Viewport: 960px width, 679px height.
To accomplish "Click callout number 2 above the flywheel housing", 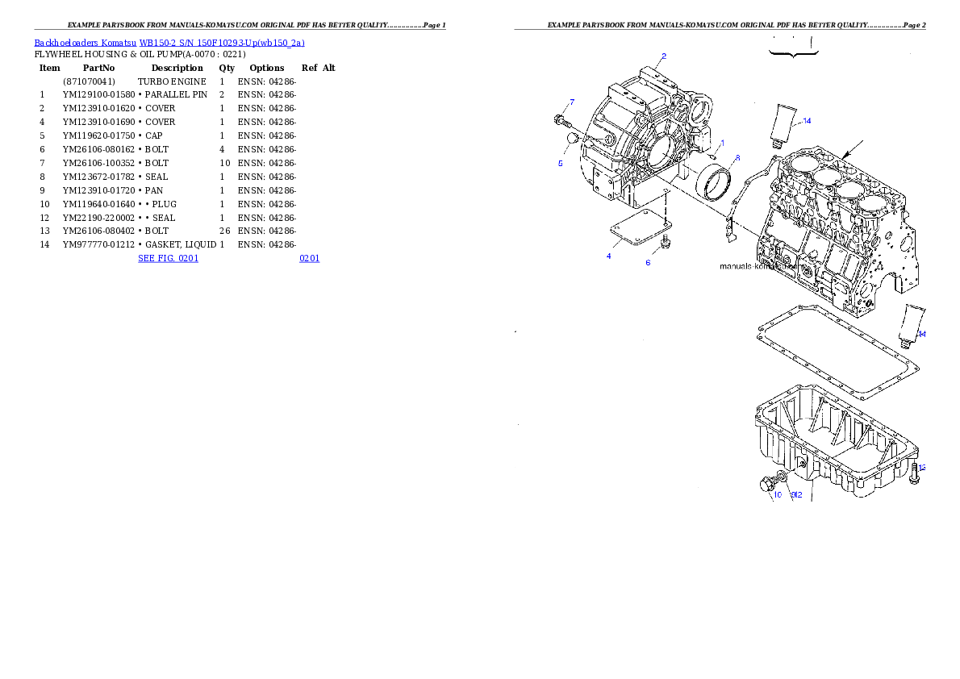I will click(663, 56).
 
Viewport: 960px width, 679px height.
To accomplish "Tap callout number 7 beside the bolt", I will click(572, 102).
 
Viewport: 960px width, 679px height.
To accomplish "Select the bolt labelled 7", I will click(562, 122).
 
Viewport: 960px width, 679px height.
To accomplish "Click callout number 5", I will click(561, 163).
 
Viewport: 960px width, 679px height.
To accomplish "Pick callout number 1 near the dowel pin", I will click(722, 143).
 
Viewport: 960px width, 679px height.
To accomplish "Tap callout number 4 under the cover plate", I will click(608, 256).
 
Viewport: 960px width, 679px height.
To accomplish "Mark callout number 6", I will click(647, 262).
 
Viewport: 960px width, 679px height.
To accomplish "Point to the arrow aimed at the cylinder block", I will click(854, 149).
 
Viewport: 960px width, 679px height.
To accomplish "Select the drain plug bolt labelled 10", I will click(766, 484).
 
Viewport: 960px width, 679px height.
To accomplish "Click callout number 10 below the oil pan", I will click(778, 495).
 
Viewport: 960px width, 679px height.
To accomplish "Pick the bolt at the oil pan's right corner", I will click(913, 473).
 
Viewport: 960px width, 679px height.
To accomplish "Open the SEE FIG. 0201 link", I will click(168, 258).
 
